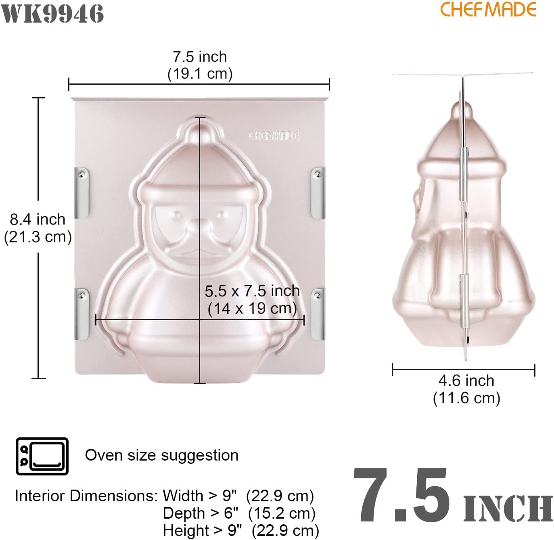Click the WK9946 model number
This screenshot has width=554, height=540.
pyautogui.click(x=53, y=14)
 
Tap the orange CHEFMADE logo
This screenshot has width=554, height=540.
pyautogui.click(x=488, y=9)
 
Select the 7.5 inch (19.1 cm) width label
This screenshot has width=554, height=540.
pyautogui.click(x=200, y=65)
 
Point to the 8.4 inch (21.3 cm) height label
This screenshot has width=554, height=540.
pyautogui.click(x=38, y=228)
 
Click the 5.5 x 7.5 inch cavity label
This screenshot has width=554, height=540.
pyautogui.click(x=252, y=299)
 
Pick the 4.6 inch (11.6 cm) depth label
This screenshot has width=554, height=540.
pyautogui.click(x=466, y=389)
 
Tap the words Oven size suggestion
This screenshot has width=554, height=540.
pyautogui.click(x=161, y=455)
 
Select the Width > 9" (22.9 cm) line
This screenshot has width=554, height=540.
pyautogui.click(x=238, y=496)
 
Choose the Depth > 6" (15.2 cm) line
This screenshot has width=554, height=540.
pyautogui.click(x=239, y=513)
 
